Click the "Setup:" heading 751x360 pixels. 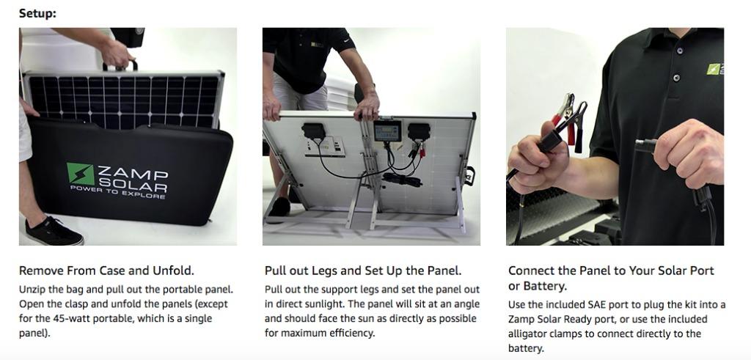pos(37,13)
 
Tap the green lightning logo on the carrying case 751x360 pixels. pos(78,175)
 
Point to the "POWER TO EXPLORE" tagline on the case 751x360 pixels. pos(118,195)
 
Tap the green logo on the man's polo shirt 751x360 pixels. pos(714,69)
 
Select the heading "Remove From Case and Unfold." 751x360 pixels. pos(106,271)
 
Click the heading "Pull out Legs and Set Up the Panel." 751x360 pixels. pos(363,271)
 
